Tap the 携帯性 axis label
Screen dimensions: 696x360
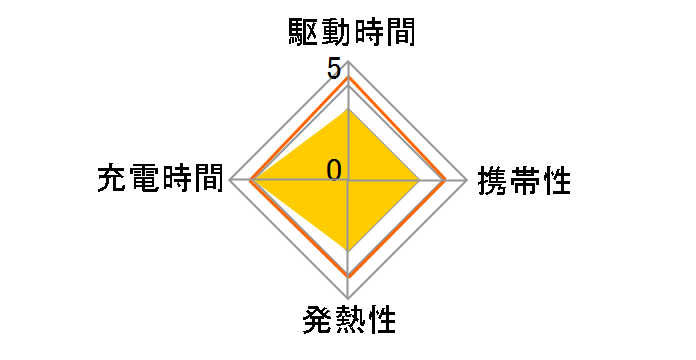coord(524,181)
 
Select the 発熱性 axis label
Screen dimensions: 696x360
coord(347,322)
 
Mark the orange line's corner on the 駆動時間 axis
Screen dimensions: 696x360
coord(348,77)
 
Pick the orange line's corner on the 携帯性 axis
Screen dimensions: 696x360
coord(446,180)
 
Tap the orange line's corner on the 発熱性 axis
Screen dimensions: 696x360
coord(348,275)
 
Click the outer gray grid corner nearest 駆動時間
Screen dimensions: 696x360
coord(348,63)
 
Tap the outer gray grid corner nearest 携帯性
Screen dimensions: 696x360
coord(467,180)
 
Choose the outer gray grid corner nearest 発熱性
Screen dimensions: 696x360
coord(348,297)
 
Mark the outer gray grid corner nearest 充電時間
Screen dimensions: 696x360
coord(230,180)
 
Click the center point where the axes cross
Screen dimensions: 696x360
coord(348,180)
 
